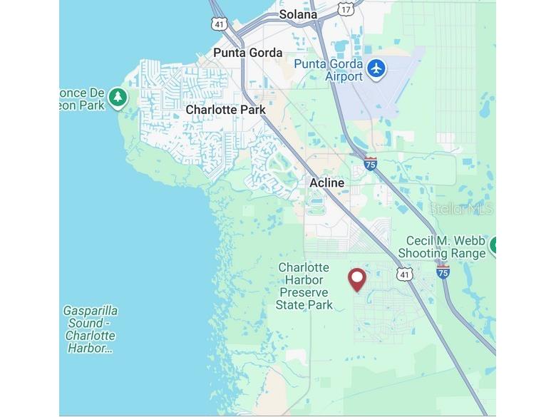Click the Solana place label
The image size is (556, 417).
(x=298, y=14)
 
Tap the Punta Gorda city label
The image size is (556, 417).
(x=247, y=53)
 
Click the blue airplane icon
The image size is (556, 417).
(x=376, y=69)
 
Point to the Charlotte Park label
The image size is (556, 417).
(x=225, y=110)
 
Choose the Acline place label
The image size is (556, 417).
(x=326, y=183)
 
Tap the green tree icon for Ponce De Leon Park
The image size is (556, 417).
(x=118, y=98)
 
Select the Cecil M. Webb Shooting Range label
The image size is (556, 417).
(x=441, y=247)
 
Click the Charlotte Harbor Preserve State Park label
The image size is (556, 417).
(x=304, y=287)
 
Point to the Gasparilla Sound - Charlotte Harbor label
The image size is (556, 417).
(x=90, y=329)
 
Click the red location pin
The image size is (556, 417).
(x=356, y=279)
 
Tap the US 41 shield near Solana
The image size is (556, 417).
(x=218, y=23)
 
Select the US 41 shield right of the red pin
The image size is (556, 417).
(x=404, y=275)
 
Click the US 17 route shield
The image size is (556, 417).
(x=346, y=9)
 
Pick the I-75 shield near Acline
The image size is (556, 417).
(x=370, y=164)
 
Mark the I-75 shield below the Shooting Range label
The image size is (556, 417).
(x=443, y=272)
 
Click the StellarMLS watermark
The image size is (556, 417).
(x=460, y=209)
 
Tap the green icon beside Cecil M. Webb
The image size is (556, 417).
(x=493, y=244)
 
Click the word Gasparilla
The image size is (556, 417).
(x=90, y=311)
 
